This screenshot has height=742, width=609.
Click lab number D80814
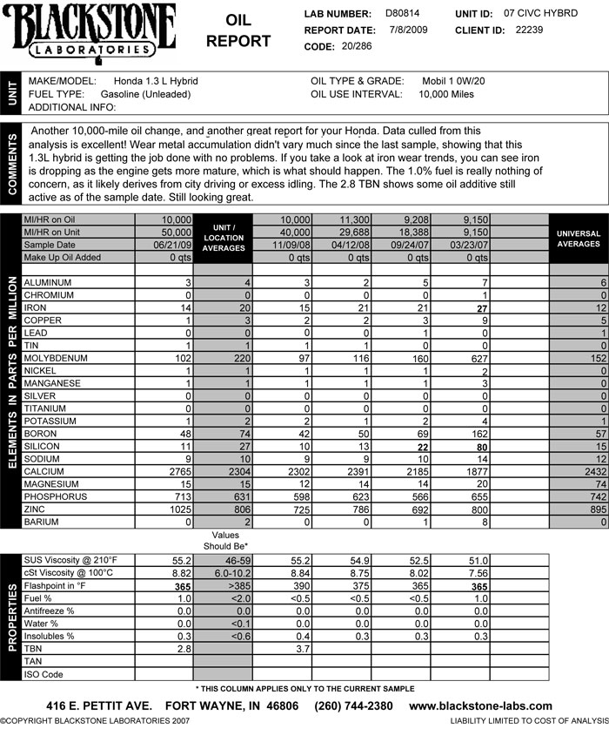[x=402, y=15]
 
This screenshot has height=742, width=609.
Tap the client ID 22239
[x=529, y=30]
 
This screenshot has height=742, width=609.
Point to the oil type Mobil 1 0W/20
[x=453, y=81]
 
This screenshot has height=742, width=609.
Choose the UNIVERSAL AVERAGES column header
[x=579, y=239]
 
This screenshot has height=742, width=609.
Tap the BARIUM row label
[x=43, y=522]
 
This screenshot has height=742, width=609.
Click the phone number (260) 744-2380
[x=353, y=706]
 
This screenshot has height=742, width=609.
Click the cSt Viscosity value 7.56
[x=502, y=573]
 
